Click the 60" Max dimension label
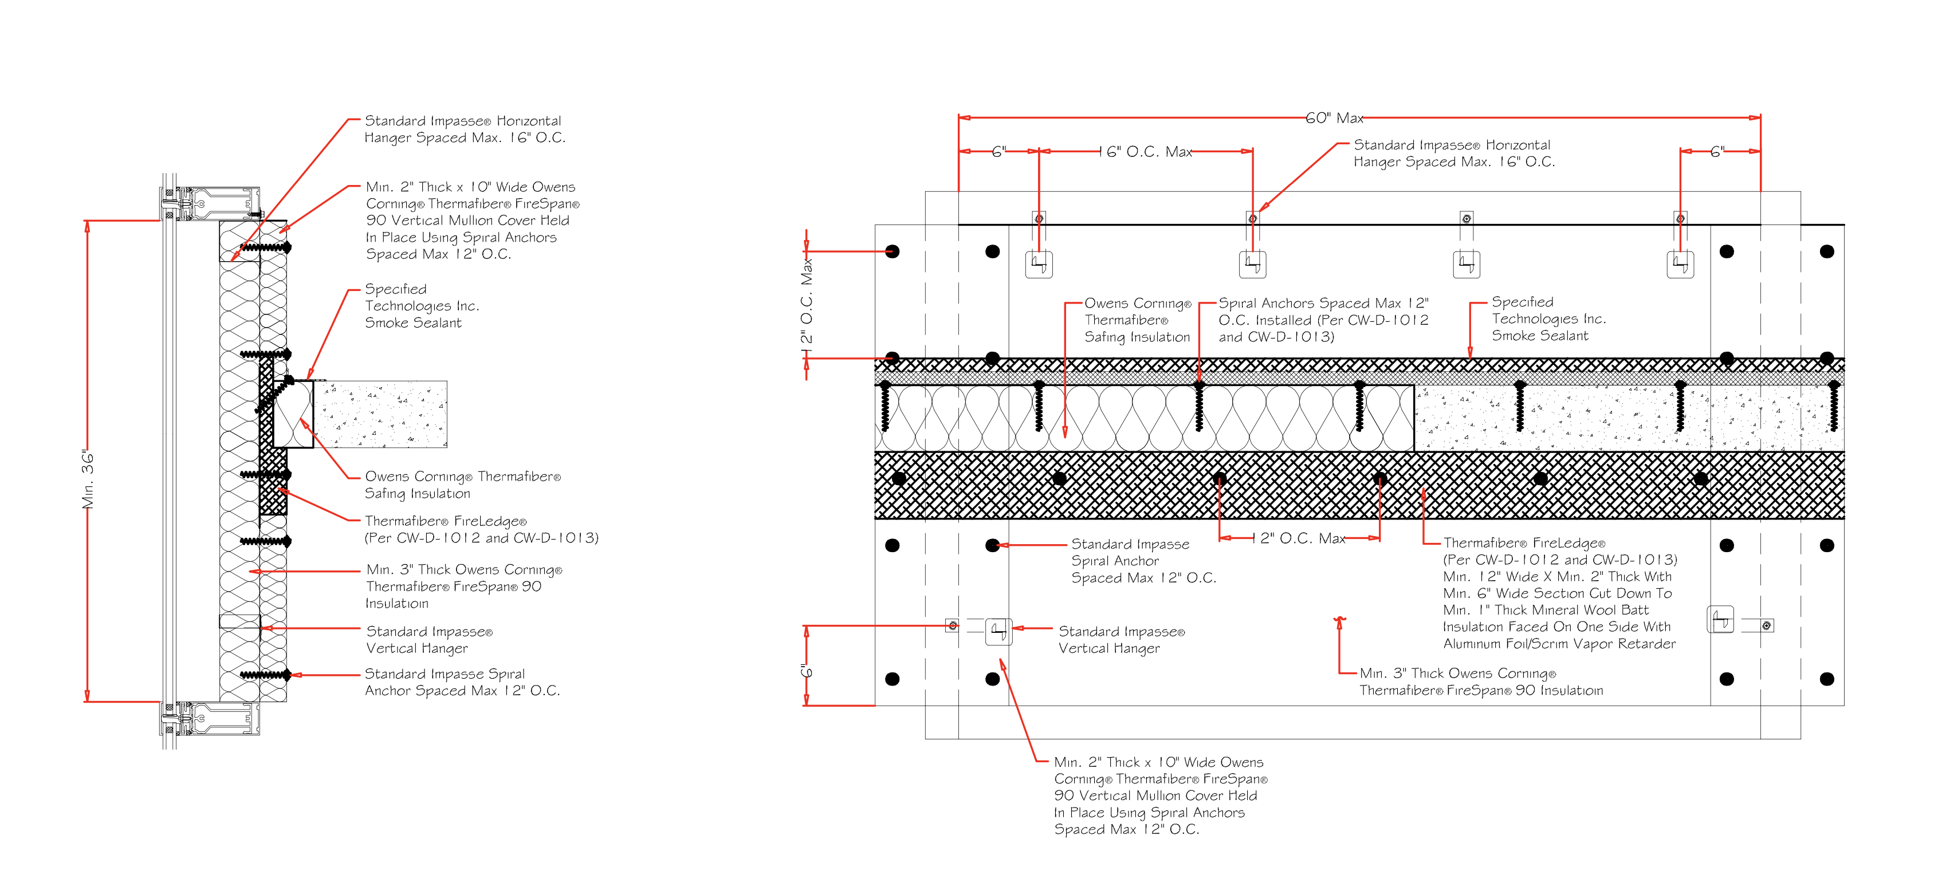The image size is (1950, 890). click(1334, 118)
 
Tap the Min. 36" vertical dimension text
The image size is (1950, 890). click(89, 480)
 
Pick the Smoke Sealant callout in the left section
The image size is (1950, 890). click(422, 306)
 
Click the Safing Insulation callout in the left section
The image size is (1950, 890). click(462, 485)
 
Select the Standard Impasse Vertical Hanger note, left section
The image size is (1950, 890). click(428, 640)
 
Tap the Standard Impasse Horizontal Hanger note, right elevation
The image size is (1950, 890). click(1453, 153)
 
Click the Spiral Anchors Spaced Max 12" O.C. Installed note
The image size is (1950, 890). click(1323, 320)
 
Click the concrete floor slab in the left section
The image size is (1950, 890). click(386, 414)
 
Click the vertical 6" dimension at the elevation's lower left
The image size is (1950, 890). click(807, 669)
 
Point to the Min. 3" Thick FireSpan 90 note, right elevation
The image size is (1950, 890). click(1480, 681)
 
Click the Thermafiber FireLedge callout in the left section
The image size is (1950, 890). click(481, 529)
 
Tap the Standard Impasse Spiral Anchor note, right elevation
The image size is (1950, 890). click(1143, 561)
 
